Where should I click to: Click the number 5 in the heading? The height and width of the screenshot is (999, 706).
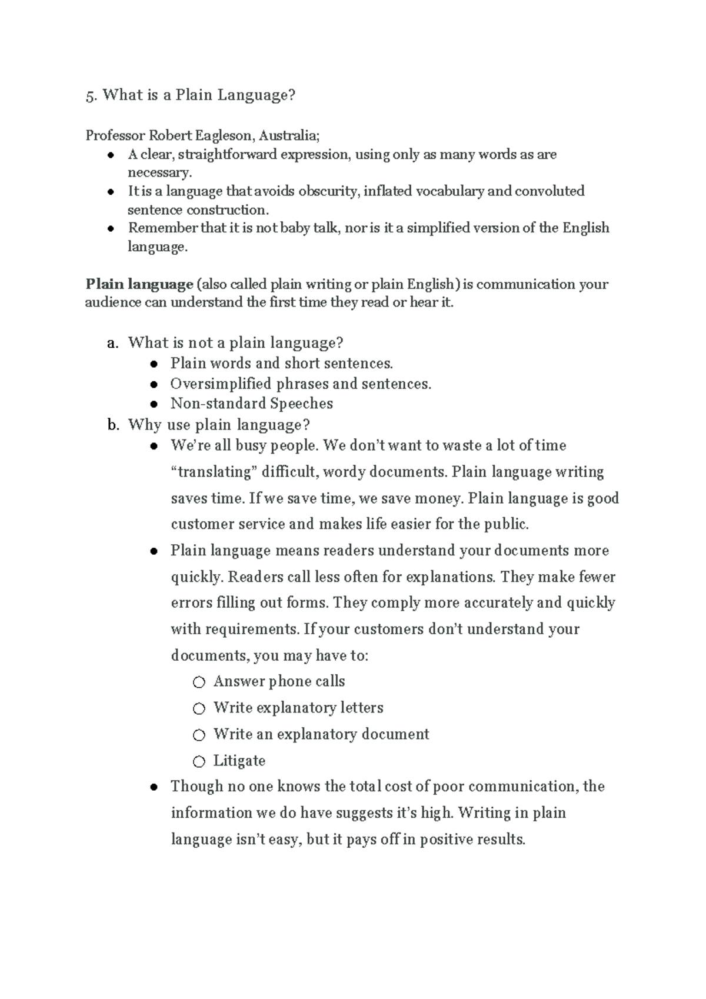tap(89, 96)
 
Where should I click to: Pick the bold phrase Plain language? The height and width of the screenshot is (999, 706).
tap(139, 284)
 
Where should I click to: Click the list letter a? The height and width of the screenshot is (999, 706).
tap(113, 343)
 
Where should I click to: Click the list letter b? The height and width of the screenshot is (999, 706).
tap(113, 425)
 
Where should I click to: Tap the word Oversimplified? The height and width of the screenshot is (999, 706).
tap(221, 384)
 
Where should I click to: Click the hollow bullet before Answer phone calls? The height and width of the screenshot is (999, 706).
tap(199, 682)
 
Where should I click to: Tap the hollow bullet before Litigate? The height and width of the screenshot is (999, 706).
tap(199, 762)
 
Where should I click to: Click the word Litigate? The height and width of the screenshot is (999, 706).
tap(239, 761)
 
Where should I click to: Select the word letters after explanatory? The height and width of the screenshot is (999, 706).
tap(361, 708)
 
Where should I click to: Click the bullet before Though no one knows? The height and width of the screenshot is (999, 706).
tap(154, 787)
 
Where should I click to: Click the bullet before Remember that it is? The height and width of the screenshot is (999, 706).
tap(111, 229)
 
